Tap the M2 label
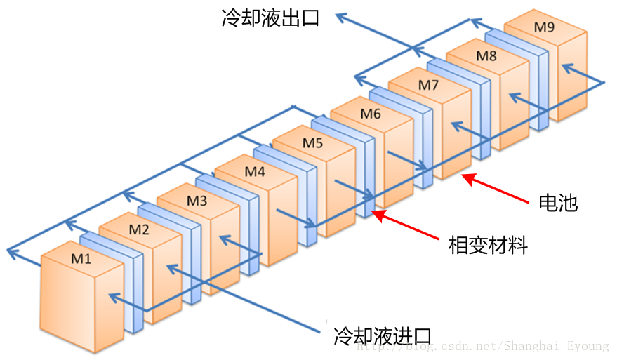coord(139,229)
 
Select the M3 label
coord(197,200)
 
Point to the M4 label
coord(255,171)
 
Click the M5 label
coord(313,142)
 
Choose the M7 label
coord(429,85)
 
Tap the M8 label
coord(486,55)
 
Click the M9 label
coord(544,27)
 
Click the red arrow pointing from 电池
coord(494,187)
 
